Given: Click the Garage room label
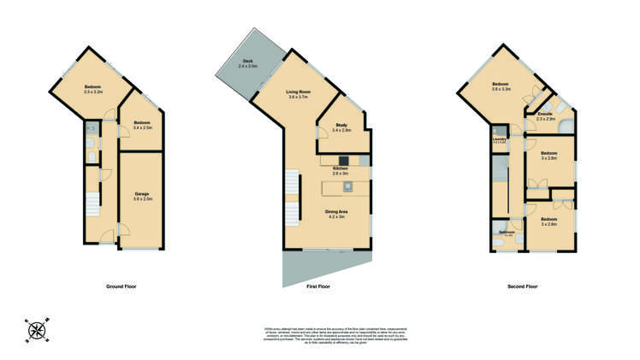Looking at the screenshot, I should pyautogui.click(x=142, y=196).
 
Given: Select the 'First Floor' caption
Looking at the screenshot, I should pyautogui.click(x=318, y=286).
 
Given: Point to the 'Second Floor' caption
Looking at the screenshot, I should pyautogui.click(x=522, y=286).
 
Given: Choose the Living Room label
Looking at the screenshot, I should pyautogui.click(x=298, y=93).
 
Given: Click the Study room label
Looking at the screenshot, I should pyautogui.click(x=341, y=127).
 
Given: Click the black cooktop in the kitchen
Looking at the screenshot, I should pyautogui.click(x=344, y=160).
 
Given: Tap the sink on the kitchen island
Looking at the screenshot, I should pyautogui.click(x=348, y=186).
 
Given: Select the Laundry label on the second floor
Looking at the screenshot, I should pyautogui.click(x=500, y=139).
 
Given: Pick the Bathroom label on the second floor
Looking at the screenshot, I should pyautogui.click(x=507, y=233).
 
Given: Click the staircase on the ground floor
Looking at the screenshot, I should pyautogui.click(x=92, y=205).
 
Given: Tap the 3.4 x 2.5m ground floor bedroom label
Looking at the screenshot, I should pyautogui.click(x=143, y=125).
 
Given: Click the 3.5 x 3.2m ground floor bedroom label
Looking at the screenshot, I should pyautogui.click(x=93, y=89).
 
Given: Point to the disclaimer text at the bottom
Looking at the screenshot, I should pyautogui.click(x=318, y=334).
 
